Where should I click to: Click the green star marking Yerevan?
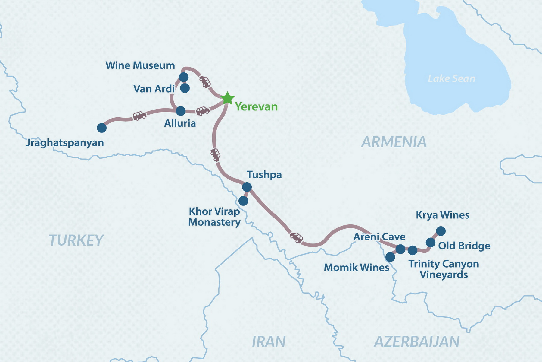pos(228,98)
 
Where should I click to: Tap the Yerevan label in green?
pos(256,107)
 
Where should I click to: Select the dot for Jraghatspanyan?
pos(102,128)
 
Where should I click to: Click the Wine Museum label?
pos(140,65)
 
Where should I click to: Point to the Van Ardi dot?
pos(185,88)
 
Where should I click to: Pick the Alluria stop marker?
pos(180,111)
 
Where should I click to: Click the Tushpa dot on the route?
pos(247,187)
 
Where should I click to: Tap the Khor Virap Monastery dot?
pos(243,201)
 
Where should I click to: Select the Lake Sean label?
pos(451,79)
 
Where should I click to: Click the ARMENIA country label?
pos(394,142)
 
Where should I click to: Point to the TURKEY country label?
pos(76,240)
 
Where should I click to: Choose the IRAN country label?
pos(269,342)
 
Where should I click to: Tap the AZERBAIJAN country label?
pos(417,342)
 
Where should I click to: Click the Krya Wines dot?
pos(441,231)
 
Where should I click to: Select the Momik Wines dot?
pos(390,257)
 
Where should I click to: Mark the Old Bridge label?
pos(464,246)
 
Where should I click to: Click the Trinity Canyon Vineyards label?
pos(444,269)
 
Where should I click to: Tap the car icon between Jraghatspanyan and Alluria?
pos(139,116)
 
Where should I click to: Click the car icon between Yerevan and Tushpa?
pos(215,155)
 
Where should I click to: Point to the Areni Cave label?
pos(379,237)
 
